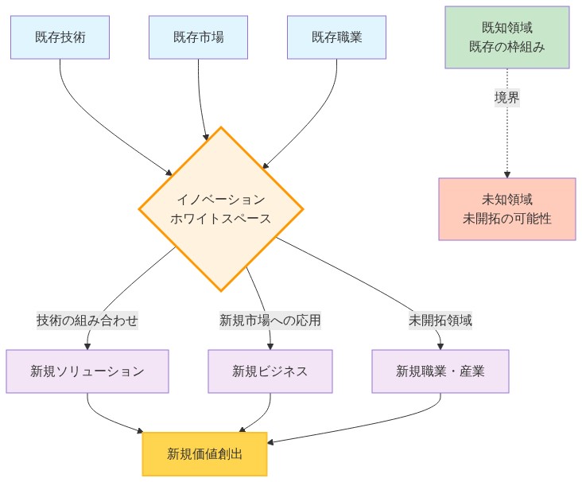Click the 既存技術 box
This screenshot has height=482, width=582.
(x=60, y=37)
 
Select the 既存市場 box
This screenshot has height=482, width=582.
(x=198, y=37)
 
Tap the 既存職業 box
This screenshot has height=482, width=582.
(x=336, y=37)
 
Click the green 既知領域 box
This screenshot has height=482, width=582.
(x=506, y=37)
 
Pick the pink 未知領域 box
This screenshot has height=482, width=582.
(x=506, y=208)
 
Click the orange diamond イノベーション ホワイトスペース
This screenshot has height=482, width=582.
(x=221, y=209)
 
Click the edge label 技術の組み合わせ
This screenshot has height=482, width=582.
(x=87, y=321)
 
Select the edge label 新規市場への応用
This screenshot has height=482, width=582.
(x=270, y=321)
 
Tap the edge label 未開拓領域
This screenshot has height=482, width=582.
(x=440, y=321)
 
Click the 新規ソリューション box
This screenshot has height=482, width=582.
(x=87, y=371)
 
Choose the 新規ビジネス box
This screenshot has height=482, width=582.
(x=270, y=371)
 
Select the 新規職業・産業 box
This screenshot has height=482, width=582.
(x=440, y=371)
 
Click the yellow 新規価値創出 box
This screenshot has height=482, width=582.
(x=205, y=454)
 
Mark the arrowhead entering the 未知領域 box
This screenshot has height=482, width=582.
(x=506, y=174)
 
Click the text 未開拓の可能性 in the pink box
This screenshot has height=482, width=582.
(x=506, y=218)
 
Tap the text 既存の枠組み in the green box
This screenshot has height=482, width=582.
(x=506, y=47)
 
